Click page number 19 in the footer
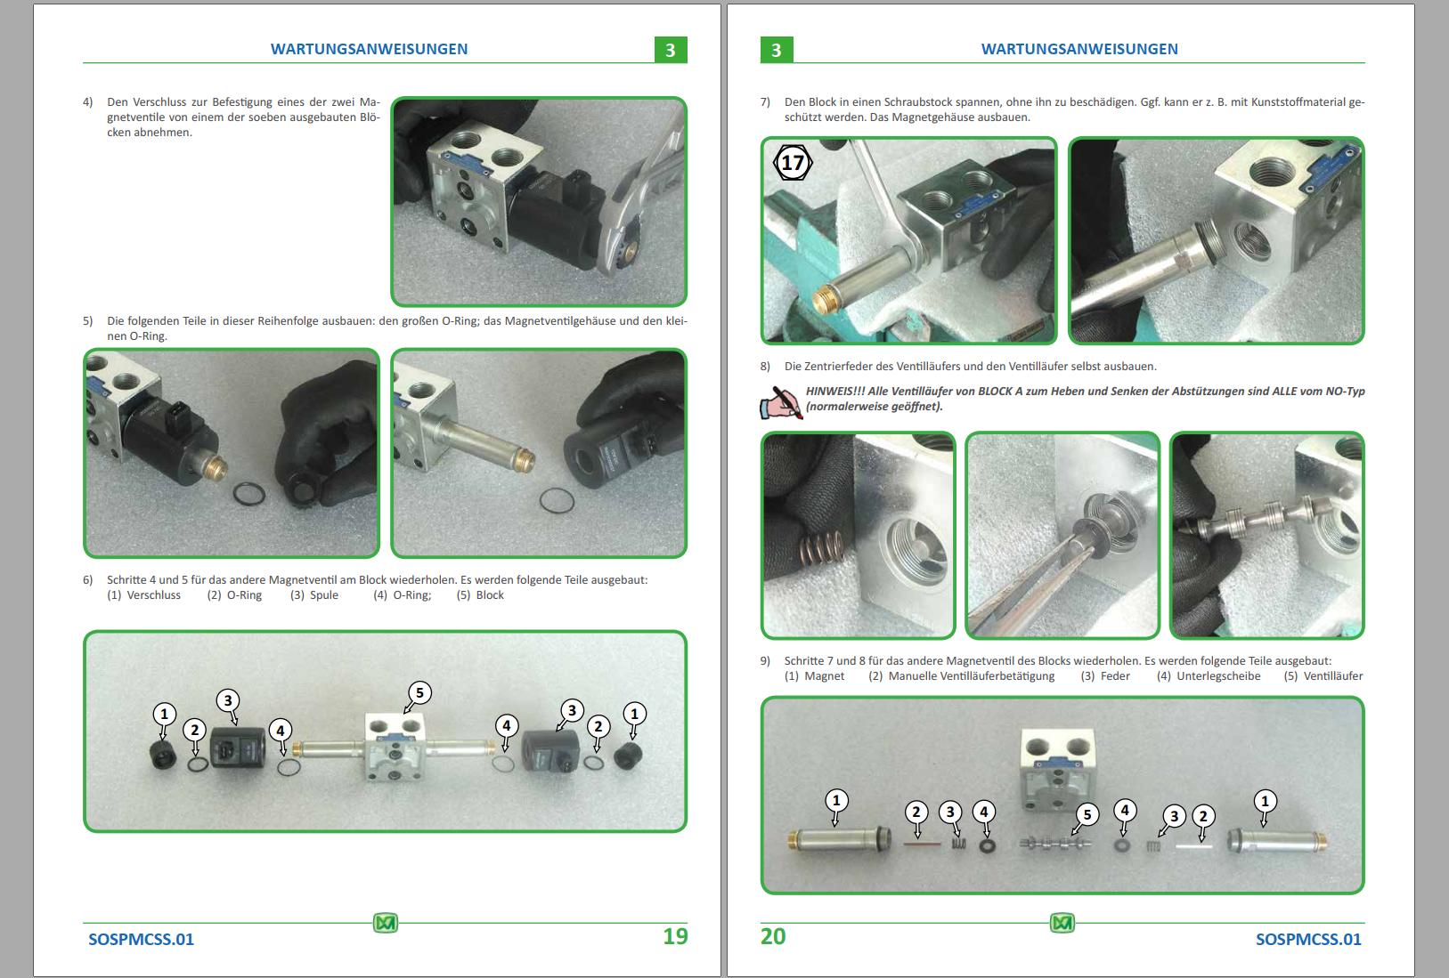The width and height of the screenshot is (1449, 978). coord(675,936)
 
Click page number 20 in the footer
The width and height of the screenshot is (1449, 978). coord(773,936)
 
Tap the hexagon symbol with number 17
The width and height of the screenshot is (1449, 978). coord(792,163)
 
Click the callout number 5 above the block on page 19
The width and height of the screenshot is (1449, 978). coord(419,693)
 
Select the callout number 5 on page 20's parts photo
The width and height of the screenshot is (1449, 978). coord(1086,814)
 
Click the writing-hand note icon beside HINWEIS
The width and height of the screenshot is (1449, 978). coord(780,401)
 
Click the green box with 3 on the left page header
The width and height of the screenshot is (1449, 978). coord(671,50)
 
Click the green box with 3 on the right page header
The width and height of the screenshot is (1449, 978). coord(776,50)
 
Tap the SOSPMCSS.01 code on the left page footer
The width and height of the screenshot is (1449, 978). coord(141,939)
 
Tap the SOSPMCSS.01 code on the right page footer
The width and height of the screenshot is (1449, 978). coord(1308,939)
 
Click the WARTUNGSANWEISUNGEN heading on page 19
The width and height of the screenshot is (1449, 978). coord(369,49)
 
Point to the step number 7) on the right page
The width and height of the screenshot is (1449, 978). coord(765,101)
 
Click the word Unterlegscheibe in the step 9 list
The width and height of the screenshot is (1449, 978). coord(1218,675)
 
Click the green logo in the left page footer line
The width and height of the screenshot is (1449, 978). coord(385,924)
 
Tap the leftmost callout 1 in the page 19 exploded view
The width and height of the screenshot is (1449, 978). coord(164,714)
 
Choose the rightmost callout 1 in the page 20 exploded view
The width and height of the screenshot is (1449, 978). coord(1265,801)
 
